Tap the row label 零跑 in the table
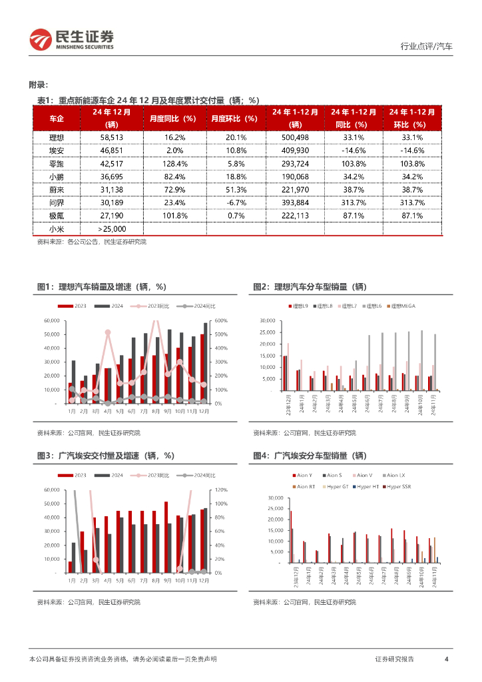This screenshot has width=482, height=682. tap(57, 164)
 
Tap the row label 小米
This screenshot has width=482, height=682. tap(57, 229)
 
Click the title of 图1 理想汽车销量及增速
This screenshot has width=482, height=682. tap(101, 286)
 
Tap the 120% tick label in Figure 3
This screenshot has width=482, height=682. tap(222, 490)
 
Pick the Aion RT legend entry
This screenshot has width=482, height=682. tap(306, 486)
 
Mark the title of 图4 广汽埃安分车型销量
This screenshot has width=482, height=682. tap(310, 456)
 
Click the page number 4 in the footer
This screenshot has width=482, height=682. tap(446, 659)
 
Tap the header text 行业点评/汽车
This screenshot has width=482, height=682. tap(426, 47)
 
